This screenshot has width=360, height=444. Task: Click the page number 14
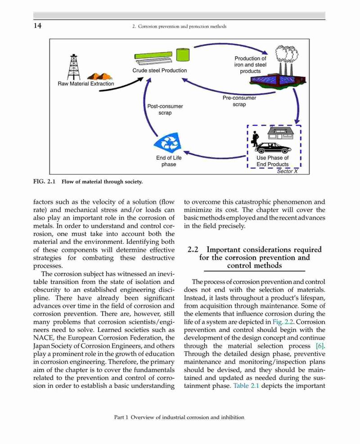point(37,26)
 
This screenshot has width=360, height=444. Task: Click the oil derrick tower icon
point(73,67)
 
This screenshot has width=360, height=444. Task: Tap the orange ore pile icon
point(100,76)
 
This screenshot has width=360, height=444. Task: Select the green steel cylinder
point(183,54)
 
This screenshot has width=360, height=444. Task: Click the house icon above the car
point(280,133)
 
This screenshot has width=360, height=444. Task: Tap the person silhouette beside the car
point(256,139)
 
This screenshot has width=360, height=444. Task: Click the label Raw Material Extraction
point(86,84)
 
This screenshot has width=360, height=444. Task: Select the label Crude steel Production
point(159,71)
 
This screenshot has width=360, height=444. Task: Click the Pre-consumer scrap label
point(239,101)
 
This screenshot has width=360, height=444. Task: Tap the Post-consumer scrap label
point(165,110)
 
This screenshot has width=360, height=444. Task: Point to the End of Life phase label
point(169,161)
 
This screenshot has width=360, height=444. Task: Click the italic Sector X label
point(287,171)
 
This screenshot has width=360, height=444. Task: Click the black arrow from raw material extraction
point(121,85)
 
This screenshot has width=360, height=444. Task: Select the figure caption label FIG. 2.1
point(44,181)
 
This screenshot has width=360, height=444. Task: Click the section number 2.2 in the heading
point(193,250)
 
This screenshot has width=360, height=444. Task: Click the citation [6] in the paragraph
point(320,346)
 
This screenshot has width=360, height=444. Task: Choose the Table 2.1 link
point(246,386)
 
